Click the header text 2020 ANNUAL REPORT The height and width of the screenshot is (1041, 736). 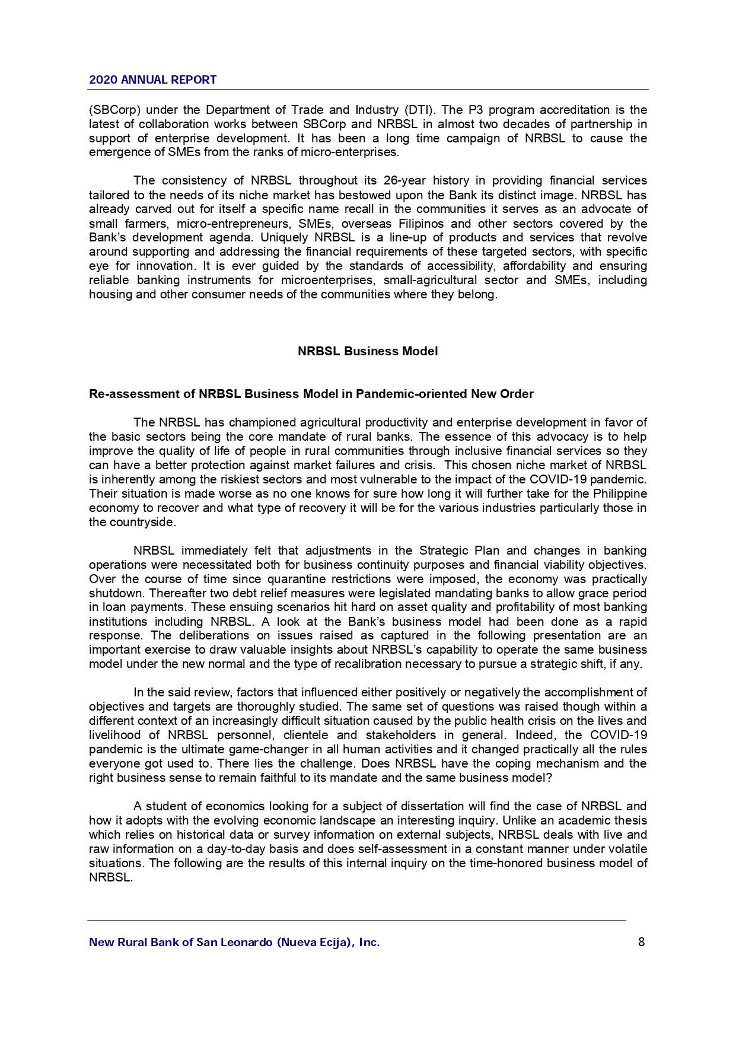(152, 80)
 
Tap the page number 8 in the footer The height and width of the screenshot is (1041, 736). (641, 942)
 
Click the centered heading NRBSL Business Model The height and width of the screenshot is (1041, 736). (368, 351)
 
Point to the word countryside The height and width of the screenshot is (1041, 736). (141, 523)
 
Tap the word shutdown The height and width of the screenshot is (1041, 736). (116, 593)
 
